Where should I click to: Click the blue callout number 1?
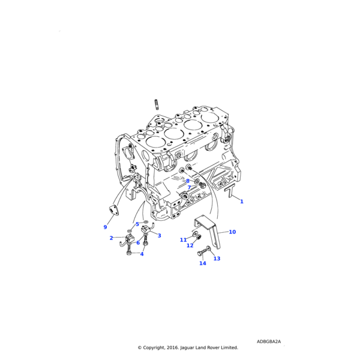[242, 202]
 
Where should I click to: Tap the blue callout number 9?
[105, 227]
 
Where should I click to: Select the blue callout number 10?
[232, 232]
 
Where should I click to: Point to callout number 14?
[203, 263]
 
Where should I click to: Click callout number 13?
[217, 259]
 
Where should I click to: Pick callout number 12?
[190, 245]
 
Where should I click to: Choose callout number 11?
[183, 240]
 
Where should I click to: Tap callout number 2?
[112, 238]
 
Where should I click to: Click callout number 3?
[160, 236]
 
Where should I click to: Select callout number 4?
[142, 254]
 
